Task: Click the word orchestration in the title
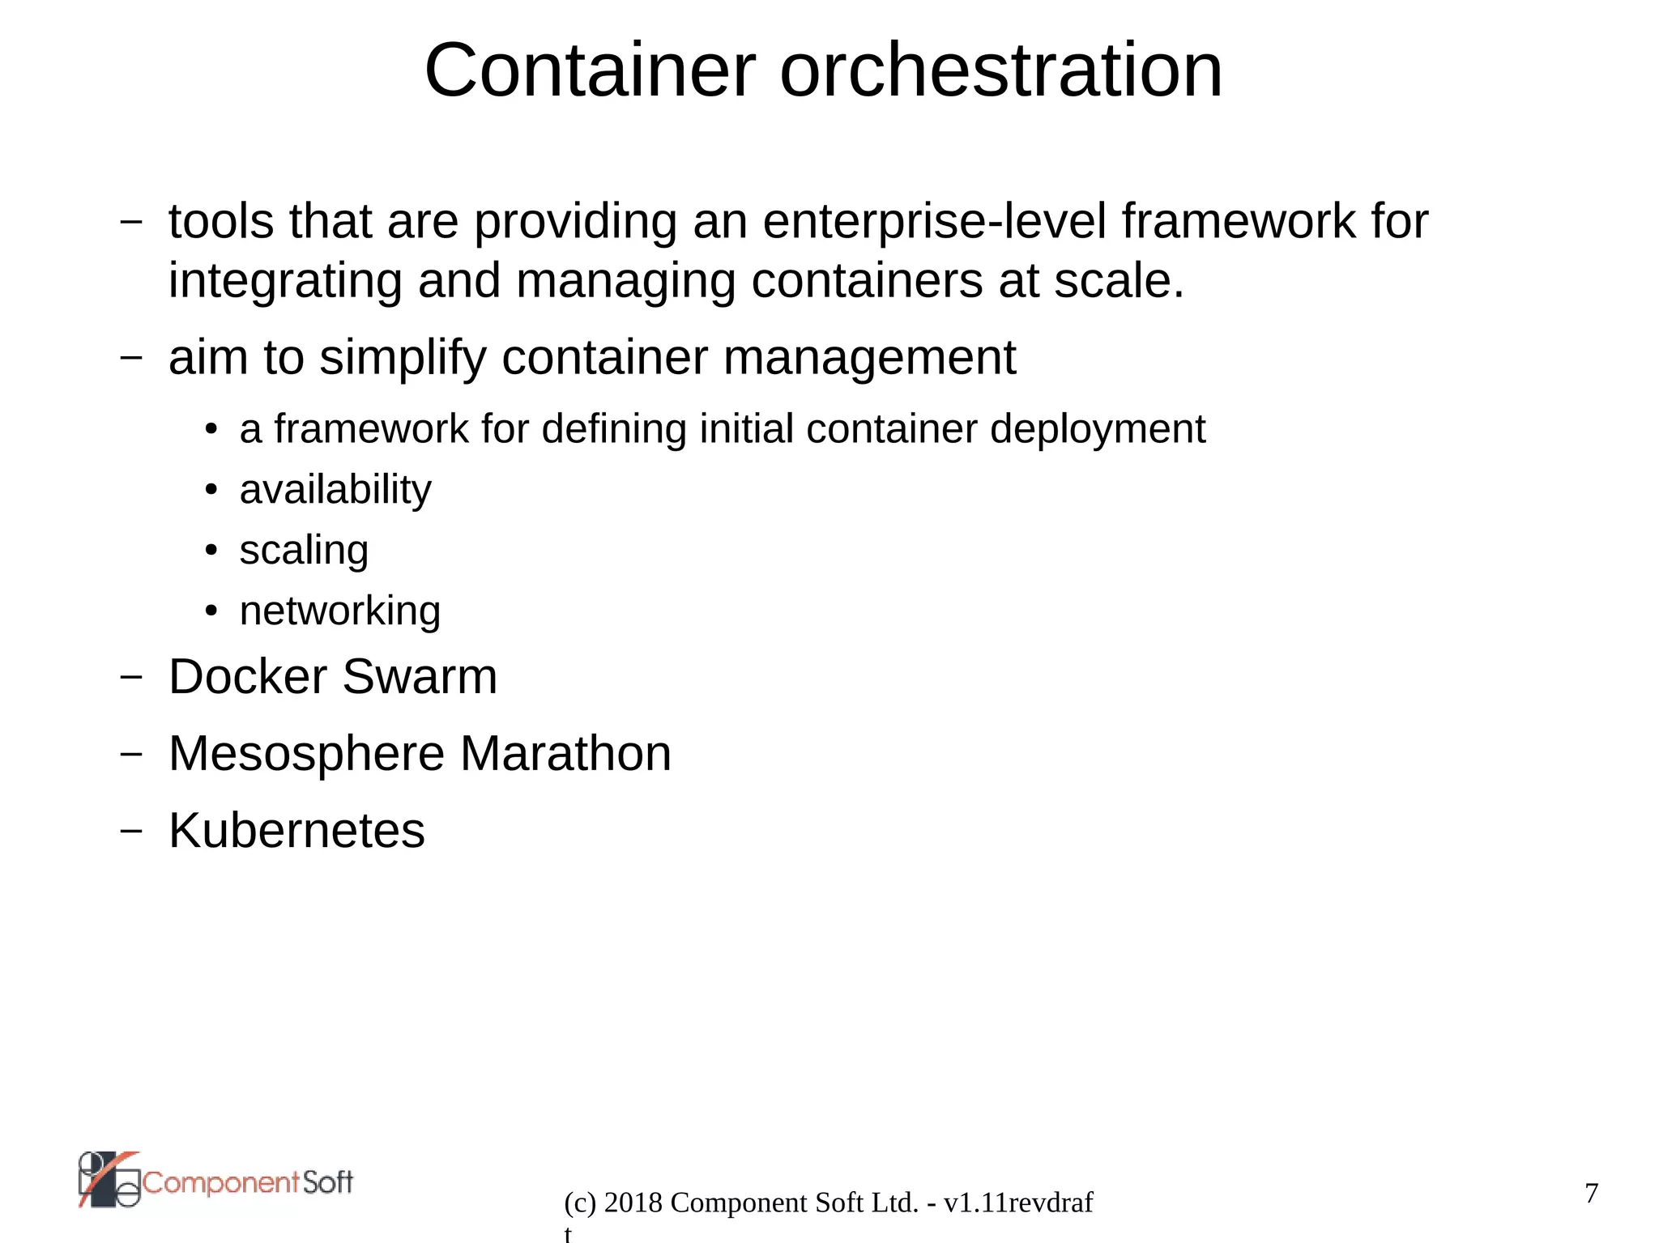point(1000,71)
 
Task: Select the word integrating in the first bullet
point(285,282)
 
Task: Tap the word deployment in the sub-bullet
point(1097,429)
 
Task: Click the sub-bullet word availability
point(335,490)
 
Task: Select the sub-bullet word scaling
point(304,551)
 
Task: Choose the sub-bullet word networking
point(340,611)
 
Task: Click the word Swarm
point(420,677)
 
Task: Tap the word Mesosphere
point(306,754)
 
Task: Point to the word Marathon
point(565,754)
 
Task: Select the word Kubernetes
point(296,831)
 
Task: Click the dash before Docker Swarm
point(130,676)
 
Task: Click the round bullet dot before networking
point(211,611)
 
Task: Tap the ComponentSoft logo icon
point(109,1179)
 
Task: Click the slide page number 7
point(1591,1193)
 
